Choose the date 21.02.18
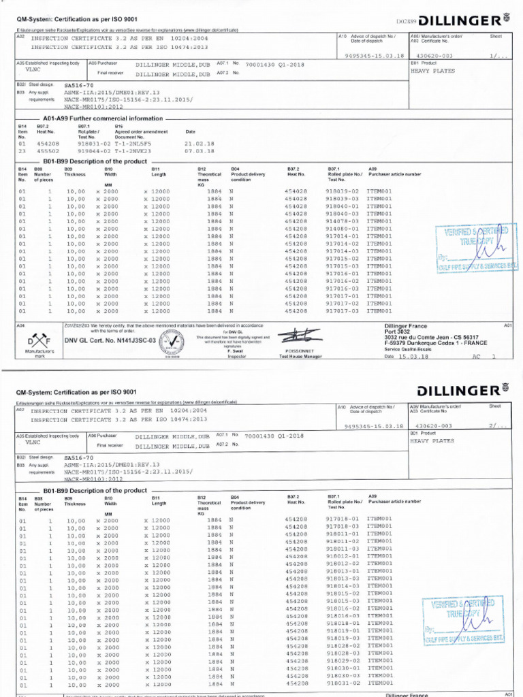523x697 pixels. coord(199,144)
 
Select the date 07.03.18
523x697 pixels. coord(199,151)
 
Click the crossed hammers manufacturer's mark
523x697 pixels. coord(35,340)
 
